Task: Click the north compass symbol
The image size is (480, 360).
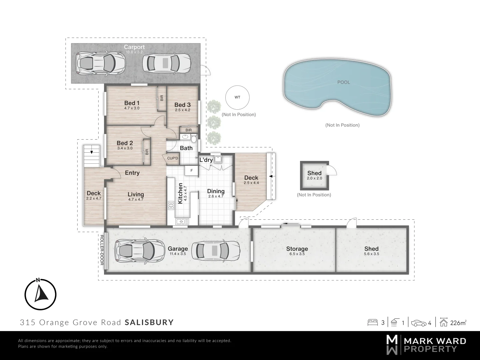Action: pyautogui.click(x=40, y=294)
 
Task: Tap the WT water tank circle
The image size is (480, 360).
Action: pyautogui.click(x=237, y=97)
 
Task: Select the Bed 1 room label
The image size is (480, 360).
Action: pyautogui.click(x=132, y=103)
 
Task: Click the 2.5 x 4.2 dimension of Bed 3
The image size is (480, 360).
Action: pyautogui.click(x=182, y=110)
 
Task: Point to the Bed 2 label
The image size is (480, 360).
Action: pyautogui.click(x=125, y=143)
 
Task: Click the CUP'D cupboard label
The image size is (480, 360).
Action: pyautogui.click(x=173, y=158)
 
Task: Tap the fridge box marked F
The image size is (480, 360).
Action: pyautogui.click(x=191, y=171)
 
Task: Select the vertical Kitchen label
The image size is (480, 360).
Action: pyautogui.click(x=180, y=193)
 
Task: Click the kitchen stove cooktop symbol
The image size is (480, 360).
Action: pyautogui.click(x=171, y=205)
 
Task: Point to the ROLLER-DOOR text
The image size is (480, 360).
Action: pyautogui.click(x=102, y=250)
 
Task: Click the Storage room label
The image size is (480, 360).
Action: pyautogui.click(x=297, y=249)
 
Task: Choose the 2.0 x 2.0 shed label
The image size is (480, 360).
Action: pyautogui.click(x=314, y=178)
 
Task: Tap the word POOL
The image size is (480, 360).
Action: pyautogui.click(x=344, y=82)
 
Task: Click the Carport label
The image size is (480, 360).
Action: pyautogui.click(x=134, y=47)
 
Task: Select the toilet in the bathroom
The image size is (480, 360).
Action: pyautogui.click(x=194, y=137)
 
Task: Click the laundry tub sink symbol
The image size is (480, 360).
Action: pyautogui.click(x=218, y=159)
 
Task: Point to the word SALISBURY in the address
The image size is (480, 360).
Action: pyautogui.click(x=149, y=322)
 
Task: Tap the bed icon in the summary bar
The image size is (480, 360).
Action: pyautogui.click(x=372, y=323)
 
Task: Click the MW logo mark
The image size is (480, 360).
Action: pyautogui.click(x=392, y=345)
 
